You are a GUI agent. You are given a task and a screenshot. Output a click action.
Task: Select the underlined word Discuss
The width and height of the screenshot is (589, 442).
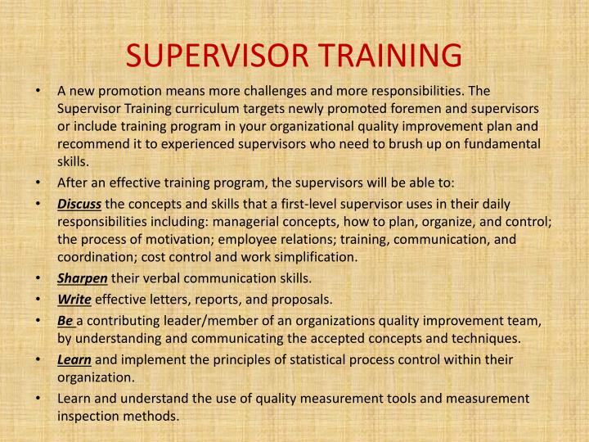pos(79,204)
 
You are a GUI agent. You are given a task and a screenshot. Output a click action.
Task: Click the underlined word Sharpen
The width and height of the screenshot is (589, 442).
pos(83,279)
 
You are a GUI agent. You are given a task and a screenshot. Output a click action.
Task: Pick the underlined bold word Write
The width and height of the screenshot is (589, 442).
pos(74,300)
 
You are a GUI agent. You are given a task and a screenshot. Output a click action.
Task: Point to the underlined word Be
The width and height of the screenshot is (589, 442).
pos(65,320)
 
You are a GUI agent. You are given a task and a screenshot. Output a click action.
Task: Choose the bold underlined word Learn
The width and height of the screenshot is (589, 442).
pos(74,359)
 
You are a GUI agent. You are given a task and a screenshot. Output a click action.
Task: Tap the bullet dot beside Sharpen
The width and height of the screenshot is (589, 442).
pos(40,279)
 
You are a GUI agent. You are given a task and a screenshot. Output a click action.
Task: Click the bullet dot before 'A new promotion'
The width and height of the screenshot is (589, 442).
pos(40,91)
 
